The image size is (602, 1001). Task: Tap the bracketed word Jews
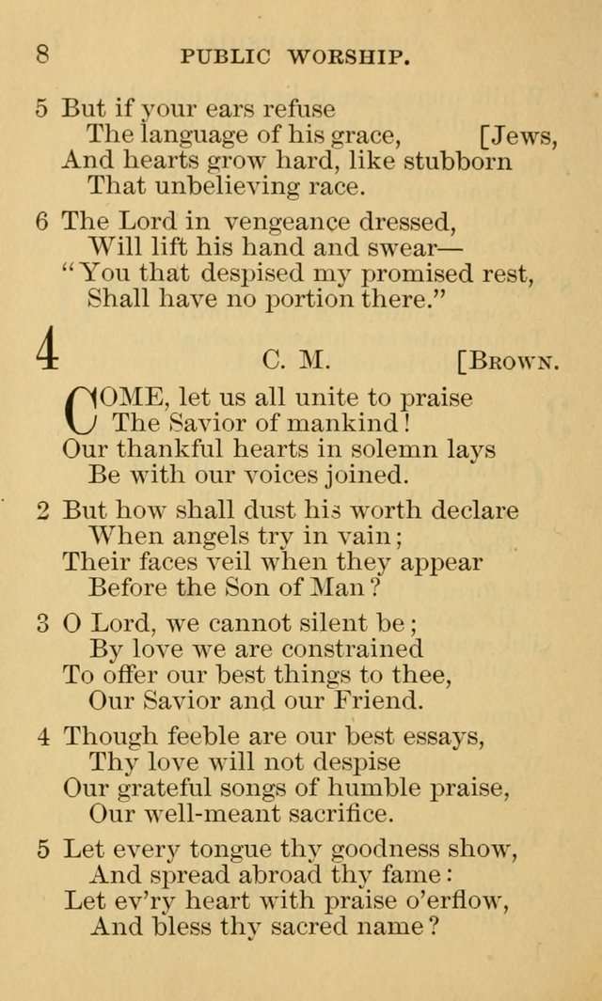point(519,136)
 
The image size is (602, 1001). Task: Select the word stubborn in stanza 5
point(458,161)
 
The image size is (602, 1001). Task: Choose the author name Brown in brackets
point(508,361)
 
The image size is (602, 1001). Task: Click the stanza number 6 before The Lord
point(41,222)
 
